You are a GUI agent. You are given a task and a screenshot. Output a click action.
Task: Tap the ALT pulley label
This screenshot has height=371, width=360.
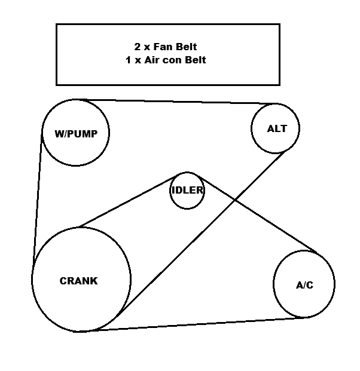pyautogui.click(x=277, y=128)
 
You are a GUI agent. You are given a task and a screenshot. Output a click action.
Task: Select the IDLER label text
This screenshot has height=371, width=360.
pyautogui.click(x=187, y=191)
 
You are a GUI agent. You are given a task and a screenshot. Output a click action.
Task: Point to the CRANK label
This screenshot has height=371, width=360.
pyautogui.click(x=78, y=281)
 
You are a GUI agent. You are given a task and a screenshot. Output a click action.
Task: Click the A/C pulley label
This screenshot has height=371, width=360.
pyautogui.click(x=304, y=285)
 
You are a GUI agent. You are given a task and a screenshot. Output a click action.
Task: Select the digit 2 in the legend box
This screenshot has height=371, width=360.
pyautogui.click(x=137, y=46)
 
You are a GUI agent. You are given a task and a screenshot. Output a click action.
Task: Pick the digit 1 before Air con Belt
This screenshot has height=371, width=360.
pyautogui.click(x=129, y=60)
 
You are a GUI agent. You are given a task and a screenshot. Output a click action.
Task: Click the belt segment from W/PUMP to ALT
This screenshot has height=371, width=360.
pyautogui.click(x=179, y=101)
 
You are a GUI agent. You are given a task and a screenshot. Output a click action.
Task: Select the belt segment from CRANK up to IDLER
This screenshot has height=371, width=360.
pyautogui.click(x=126, y=201)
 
